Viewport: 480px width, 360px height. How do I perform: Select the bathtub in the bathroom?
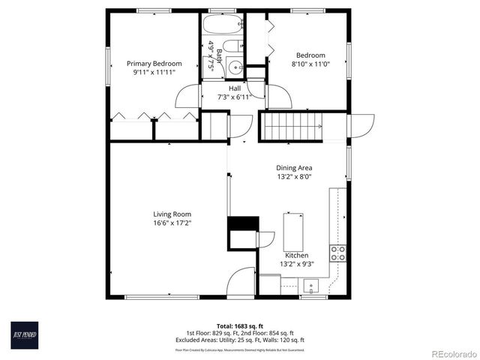(x=223, y=24)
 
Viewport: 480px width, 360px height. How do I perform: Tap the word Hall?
(x=235, y=88)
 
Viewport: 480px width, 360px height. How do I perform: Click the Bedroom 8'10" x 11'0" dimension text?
(x=310, y=64)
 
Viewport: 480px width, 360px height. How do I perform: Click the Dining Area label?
(x=294, y=168)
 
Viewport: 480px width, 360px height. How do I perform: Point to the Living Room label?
(x=172, y=214)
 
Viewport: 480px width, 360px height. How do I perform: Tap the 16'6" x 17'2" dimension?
(x=172, y=223)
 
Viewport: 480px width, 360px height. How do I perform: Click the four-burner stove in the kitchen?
(x=338, y=253)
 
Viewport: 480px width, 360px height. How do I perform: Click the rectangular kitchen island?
(x=293, y=231)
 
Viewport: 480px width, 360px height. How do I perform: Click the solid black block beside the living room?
(x=242, y=224)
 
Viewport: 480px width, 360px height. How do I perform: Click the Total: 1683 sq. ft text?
(x=239, y=325)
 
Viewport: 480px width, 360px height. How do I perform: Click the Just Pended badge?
(x=28, y=333)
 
